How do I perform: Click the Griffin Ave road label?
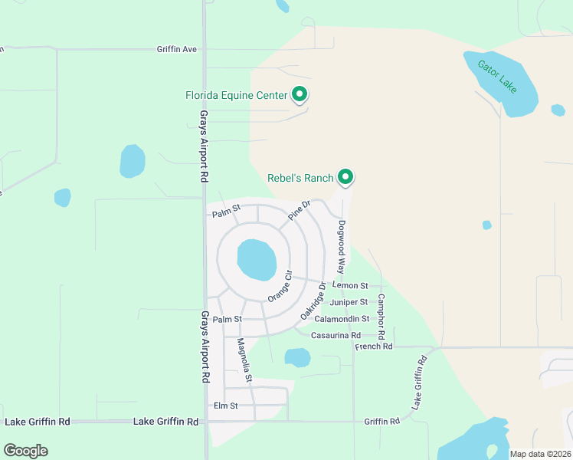coord(177,49)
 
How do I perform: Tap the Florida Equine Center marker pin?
coord(300,94)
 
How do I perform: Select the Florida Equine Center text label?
coord(236,96)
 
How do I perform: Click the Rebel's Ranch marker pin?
coord(345,177)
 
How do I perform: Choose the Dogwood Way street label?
coord(342,244)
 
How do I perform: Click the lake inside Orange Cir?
coord(257,260)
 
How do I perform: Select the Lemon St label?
coord(351,285)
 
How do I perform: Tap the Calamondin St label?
coord(342,318)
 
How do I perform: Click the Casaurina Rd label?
coord(336,335)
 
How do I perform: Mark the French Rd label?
coord(374,347)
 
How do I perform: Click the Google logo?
coord(25,451)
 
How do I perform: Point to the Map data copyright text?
coord(540,454)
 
